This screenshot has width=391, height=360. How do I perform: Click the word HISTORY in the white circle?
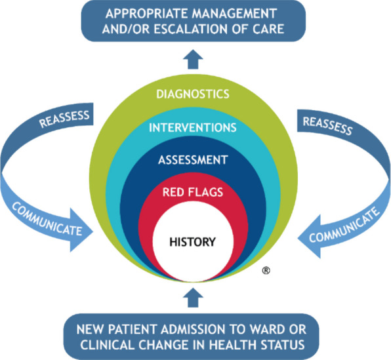click(x=192, y=242)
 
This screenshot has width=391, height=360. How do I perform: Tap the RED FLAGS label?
click(x=193, y=192)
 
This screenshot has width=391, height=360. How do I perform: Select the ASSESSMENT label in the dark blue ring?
click(x=193, y=160)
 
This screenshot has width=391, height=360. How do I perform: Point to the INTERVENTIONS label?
click(x=193, y=128)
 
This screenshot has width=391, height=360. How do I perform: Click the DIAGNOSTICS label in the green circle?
click(x=193, y=94)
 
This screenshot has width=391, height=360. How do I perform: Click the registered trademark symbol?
click(x=266, y=270)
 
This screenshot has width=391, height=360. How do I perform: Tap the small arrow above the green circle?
click(x=193, y=59)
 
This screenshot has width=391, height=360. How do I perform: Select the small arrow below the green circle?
click(x=193, y=298)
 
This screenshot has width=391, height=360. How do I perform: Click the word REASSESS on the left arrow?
click(x=64, y=119)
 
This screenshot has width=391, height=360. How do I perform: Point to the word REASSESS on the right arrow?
click(x=327, y=126)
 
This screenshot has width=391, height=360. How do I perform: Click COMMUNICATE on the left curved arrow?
click(x=47, y=219)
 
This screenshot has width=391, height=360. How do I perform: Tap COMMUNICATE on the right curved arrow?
click(x=344, y=224)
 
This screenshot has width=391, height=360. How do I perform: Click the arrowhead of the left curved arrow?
click(x=81, y=230)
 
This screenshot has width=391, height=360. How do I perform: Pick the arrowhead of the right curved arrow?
click(x=309, y=236)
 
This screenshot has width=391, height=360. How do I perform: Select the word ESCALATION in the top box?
click(x=191, y=29)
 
